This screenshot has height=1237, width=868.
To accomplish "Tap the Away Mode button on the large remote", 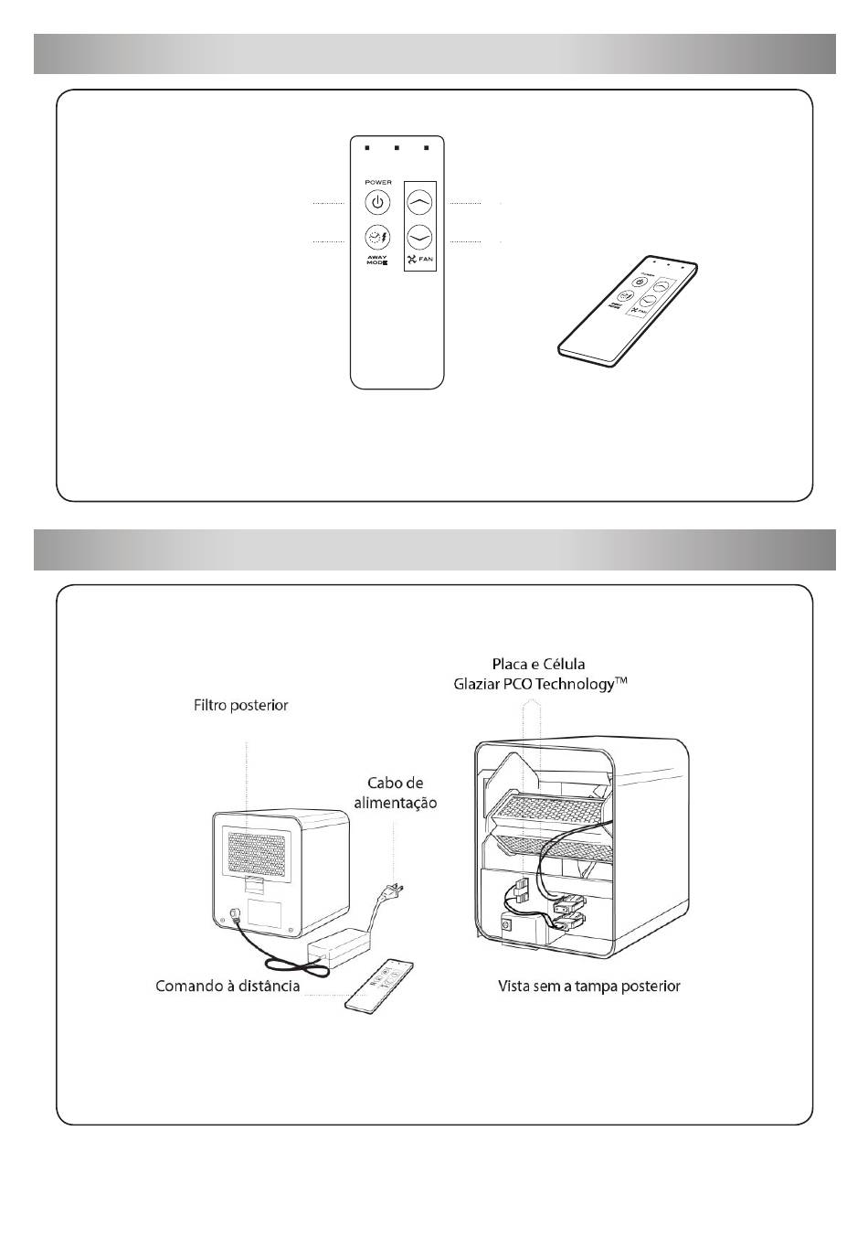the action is click(376, 237).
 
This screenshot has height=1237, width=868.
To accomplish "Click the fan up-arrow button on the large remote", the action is click(419, 201).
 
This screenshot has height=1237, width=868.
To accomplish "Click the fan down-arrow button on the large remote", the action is click(419, 237).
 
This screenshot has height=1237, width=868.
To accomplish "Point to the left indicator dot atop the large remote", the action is click(366, 147).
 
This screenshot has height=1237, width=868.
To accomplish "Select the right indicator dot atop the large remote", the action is click(427, 147).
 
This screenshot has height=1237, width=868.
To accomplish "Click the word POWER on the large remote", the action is click(377, 182).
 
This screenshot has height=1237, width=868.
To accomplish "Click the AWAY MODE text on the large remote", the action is click(376, 260).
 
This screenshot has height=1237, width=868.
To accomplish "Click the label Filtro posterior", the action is click(240, 705).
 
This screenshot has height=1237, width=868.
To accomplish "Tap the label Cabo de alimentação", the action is click(402, 793).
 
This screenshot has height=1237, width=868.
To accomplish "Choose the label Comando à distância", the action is click(228, 986).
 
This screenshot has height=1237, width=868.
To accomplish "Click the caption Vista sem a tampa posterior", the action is click(588, 986).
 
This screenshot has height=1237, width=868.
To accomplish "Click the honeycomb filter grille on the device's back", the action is click(262, 850).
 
